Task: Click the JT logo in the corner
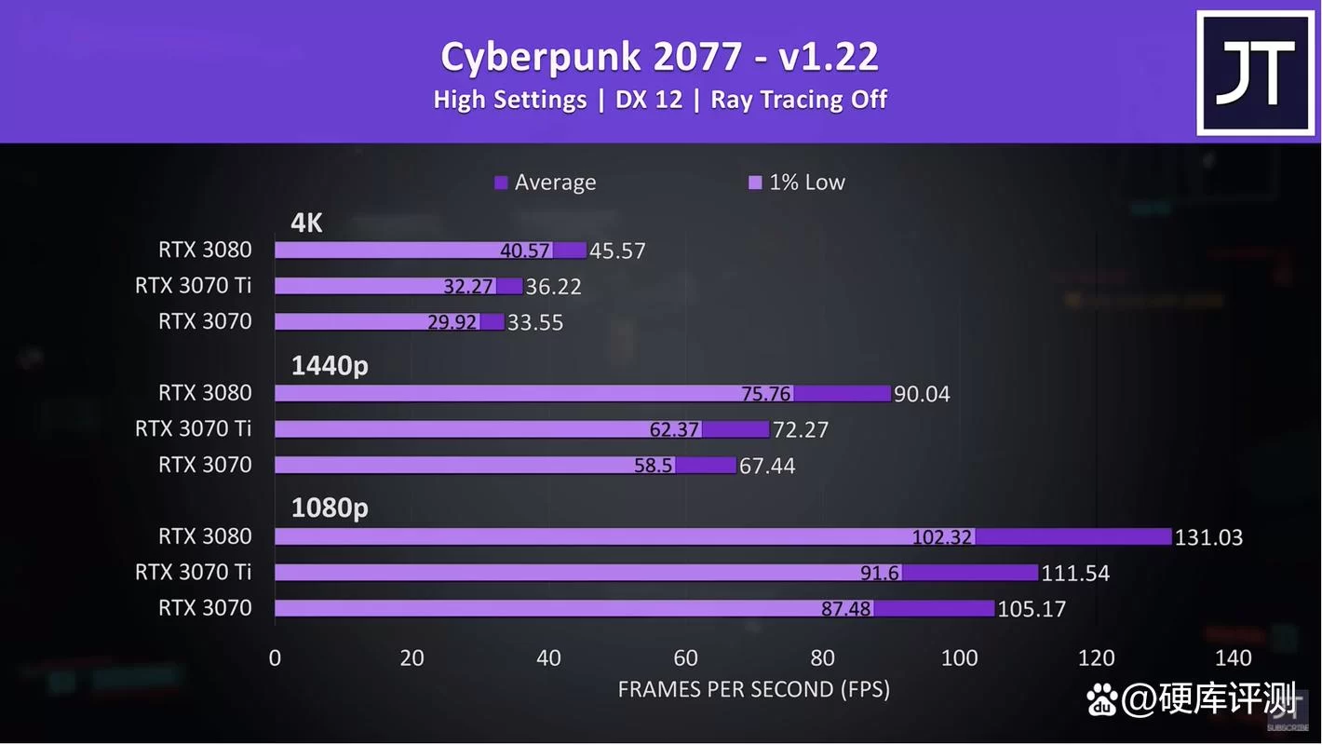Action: click(1256, 73)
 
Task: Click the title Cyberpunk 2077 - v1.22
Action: click(659, 57)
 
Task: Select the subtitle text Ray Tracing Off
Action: click(799, 100)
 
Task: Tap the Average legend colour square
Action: click(501, 183)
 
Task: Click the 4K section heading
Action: click(306, 223)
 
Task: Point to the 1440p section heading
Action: click(330, 366)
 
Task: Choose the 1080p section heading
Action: click(330, 508)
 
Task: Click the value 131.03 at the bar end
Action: click(1208, 537)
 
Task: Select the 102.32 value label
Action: click(942, 537)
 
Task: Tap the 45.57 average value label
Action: click(617, 251)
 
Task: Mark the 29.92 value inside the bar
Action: click(452, 322)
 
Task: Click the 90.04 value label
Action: click(922, 395)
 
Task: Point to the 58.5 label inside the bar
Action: click(653, 466)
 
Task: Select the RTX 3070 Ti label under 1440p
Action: click(193, 429)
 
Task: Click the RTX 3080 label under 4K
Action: click(205, 250)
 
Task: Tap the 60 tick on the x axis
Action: click(685, 658)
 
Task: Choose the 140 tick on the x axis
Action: click(1233, 658)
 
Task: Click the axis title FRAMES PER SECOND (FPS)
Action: click(753, 690)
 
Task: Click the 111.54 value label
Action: click(1075, 574)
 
